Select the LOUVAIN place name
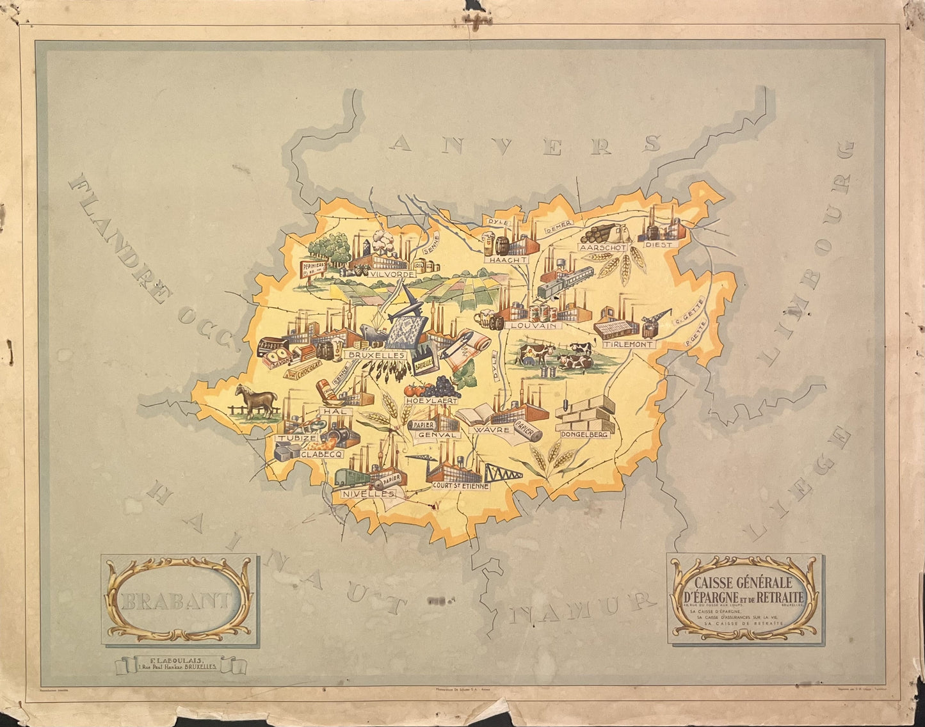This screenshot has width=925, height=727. pyautogui.click(x=533, y=325)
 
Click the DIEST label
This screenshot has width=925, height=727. pyautogui.click(x=659, y=244)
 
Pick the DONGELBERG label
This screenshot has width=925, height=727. pyautogui.click(x=583, y=434)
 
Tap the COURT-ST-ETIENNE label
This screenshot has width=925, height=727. pyautogui.click(x=461, y=486)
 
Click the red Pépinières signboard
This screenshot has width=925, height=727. pyautogui.click(x=314, y=266)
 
